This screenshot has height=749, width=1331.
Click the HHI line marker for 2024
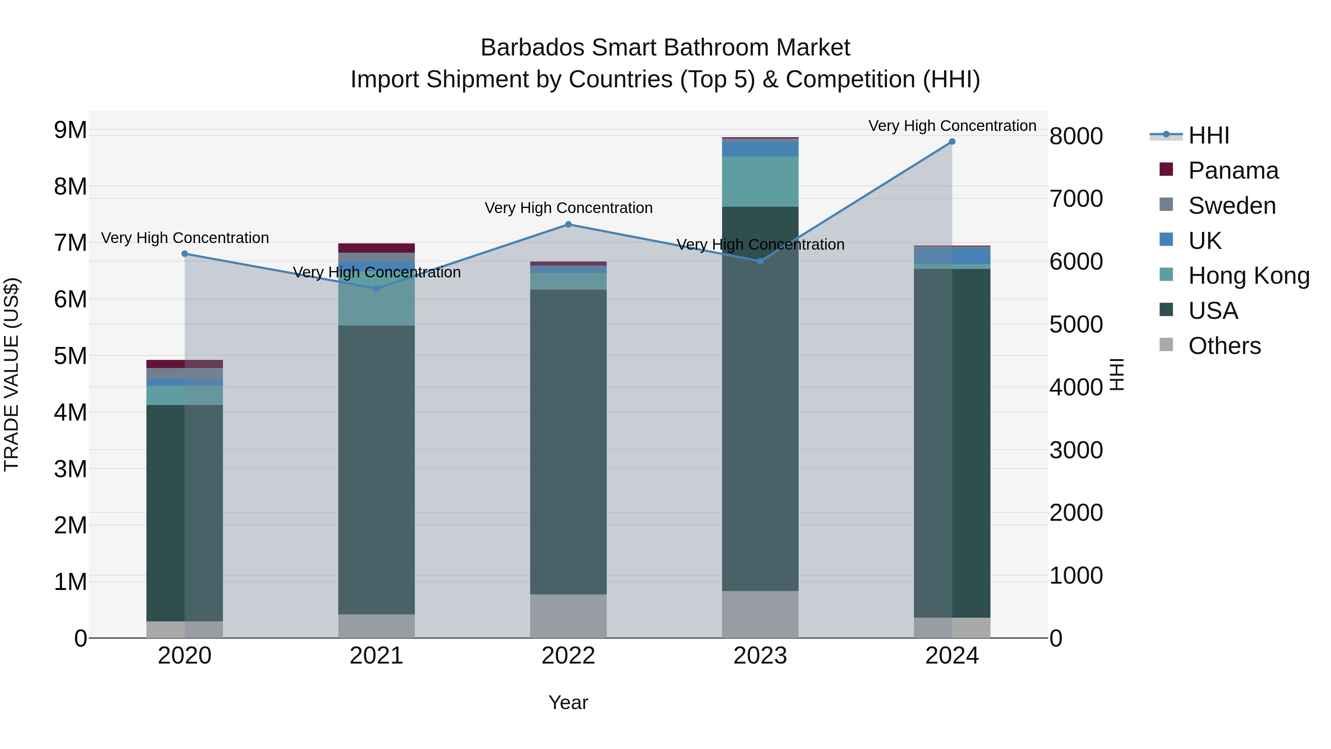952,142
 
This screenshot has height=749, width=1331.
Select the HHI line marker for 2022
568,225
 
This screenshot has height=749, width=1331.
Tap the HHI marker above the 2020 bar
185,254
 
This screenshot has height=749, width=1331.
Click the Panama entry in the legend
1233,171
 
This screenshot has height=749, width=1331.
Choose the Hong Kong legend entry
1248,276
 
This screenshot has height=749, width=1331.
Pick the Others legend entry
1224,346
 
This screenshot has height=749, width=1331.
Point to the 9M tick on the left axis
71,130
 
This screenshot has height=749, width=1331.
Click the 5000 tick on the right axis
1076,325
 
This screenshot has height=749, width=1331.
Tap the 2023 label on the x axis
760,656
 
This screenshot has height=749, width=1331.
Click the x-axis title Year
568,702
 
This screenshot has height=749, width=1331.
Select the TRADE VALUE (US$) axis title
11,374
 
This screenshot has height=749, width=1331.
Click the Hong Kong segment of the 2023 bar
760,182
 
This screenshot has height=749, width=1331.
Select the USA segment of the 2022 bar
568,442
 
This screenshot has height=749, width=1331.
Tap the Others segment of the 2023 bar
760,614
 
